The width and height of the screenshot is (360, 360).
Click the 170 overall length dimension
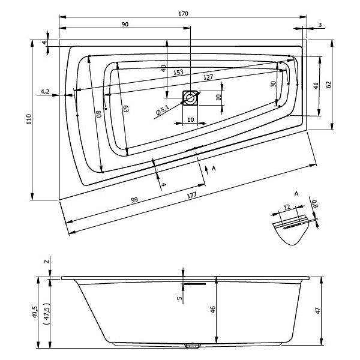[x=183, y=14]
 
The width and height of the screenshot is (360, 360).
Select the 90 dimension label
[x=125, y=25]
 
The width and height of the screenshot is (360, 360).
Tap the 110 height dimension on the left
[x=29, y=119]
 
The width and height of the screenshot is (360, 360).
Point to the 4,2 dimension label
[x=45, y=92]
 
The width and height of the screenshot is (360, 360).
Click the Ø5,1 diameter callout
[x=163, y=110]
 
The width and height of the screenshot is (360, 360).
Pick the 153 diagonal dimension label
[x=178, y=73]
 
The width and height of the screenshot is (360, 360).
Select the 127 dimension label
[x=208, y=77]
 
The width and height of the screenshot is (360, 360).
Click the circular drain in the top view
[x=190, y=98]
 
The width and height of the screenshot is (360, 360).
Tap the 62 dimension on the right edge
[x=329, y=85]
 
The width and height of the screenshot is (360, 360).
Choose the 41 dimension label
[x=316, y=86]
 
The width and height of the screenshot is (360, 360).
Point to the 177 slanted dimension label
[x=192, y=196]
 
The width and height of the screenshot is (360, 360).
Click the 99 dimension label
[x=134, y=200]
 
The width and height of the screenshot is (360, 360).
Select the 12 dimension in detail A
[x=287, y=208]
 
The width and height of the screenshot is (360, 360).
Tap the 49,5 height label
[x=35, y=312]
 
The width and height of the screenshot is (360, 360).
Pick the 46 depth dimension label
[x=213, y=310]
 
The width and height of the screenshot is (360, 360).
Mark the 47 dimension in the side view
[x=317, y=311]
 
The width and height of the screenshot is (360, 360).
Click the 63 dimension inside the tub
[x=126, y=109]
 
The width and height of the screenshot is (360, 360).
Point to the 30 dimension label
[x=273, y=84]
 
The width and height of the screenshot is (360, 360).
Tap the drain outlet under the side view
[x=193, y=346]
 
